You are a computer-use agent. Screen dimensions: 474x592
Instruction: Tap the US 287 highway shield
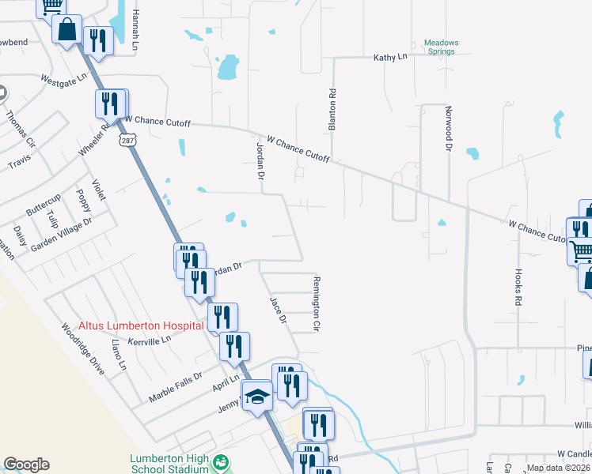(127, 140)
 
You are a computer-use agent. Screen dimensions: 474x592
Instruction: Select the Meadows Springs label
(441, 47)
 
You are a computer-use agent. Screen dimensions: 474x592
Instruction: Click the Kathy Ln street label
(389, 58)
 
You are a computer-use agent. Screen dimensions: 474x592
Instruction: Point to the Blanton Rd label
(333, 110)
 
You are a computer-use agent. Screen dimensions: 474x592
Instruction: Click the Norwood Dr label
(448, 130)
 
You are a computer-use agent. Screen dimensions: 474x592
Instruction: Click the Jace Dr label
(277, 309)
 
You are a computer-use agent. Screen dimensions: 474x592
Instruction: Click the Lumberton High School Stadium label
(170, 463)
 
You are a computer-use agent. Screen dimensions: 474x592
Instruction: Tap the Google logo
(26, 465)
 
